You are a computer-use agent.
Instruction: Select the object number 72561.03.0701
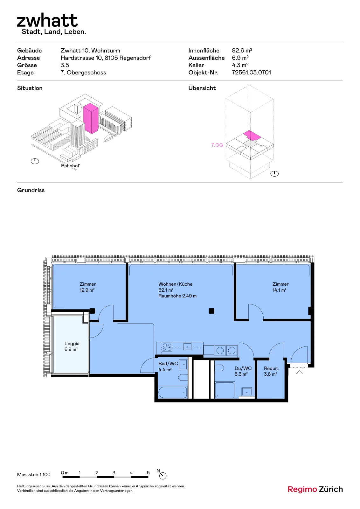251,73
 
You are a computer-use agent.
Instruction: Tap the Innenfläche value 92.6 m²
242,51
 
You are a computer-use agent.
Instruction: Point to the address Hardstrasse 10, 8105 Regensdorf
106,58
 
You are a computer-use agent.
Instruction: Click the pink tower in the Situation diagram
91,118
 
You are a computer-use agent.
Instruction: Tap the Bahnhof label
70,166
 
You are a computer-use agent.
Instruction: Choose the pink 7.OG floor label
217,145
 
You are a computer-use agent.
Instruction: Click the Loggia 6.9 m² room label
72,346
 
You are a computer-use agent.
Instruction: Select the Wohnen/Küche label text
175,284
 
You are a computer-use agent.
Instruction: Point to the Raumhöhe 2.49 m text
177,296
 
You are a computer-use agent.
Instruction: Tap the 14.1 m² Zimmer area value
279,290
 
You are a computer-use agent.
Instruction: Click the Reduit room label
271,368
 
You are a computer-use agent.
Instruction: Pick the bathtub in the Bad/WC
172,392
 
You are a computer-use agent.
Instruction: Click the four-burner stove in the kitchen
167,347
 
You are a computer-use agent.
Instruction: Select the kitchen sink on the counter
188,346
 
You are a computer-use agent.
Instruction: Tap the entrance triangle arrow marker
299,372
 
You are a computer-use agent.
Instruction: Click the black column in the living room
211,311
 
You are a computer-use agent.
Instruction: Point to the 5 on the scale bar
148,473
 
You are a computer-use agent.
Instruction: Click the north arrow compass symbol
163,476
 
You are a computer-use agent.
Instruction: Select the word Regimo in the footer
302,489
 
